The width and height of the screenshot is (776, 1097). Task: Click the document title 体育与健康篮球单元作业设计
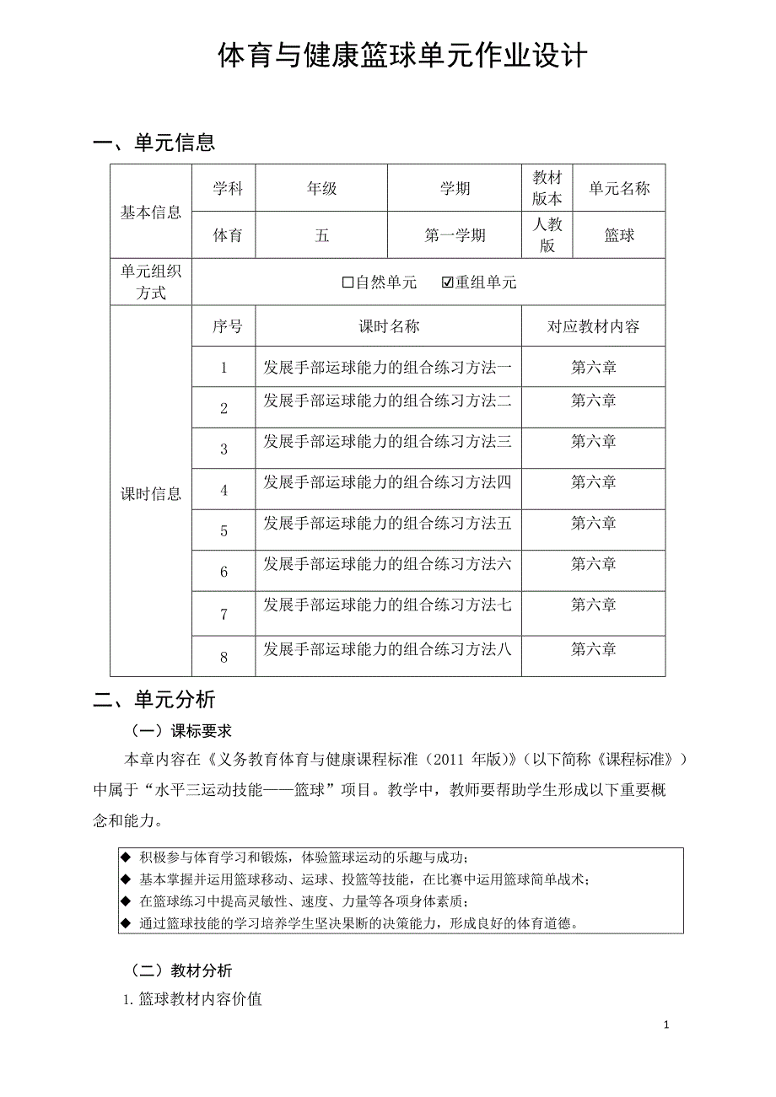click(402, 56)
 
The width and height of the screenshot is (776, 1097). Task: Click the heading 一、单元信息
click(154, 143)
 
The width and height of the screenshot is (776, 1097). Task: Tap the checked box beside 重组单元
click(448, 282)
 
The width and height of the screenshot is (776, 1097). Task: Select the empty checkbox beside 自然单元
click(348, 282)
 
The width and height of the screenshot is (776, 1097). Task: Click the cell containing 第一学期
click(455, 236)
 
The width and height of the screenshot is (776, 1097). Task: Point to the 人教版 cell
click(547, 234)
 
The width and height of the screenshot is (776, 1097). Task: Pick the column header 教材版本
click(547, 188)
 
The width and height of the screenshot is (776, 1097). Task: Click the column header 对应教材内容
click(593, 327)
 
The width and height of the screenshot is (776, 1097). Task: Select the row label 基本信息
click(151, 212)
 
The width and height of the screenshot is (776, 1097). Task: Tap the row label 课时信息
click(151, 494)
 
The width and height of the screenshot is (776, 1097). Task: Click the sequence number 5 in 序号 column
click(224, 531)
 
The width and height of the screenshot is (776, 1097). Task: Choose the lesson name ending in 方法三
click(387, 441)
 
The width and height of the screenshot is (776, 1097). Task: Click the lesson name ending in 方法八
click(387, 649)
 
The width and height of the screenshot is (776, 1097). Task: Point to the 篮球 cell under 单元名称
click(619, 236)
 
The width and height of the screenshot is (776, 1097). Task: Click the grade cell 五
click(321, 236)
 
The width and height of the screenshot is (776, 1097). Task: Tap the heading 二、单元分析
click(154, 699)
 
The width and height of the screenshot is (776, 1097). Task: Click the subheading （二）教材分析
click(181, 971)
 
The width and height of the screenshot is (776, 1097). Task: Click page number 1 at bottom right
click(666, 1025)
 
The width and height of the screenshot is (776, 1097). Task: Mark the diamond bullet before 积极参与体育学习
click(127, 858)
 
